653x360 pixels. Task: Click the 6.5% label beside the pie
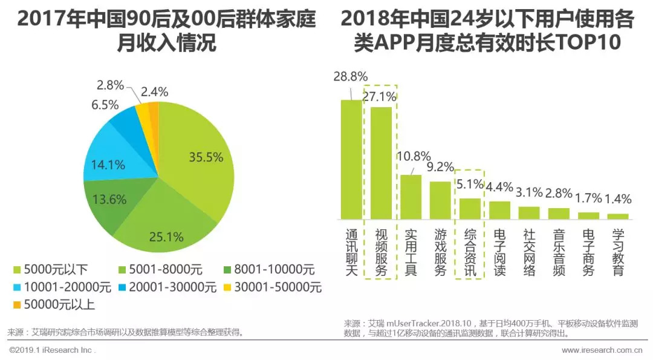[105, 105]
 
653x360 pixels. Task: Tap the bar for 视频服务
[381, 163]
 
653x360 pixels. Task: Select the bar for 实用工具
[411, 197]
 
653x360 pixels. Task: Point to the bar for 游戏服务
[440, 200]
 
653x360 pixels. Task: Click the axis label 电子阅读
[499, 252]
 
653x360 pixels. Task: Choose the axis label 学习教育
[618, 252]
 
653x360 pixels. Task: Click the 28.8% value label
[351, 76]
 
